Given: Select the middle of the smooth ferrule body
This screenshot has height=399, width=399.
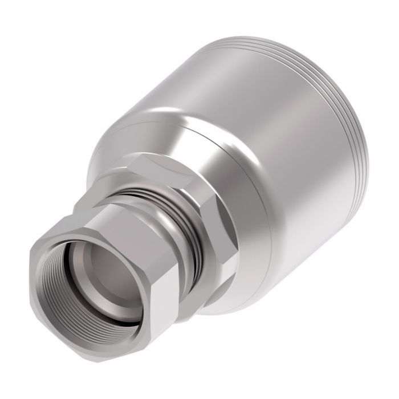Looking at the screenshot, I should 274,148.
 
